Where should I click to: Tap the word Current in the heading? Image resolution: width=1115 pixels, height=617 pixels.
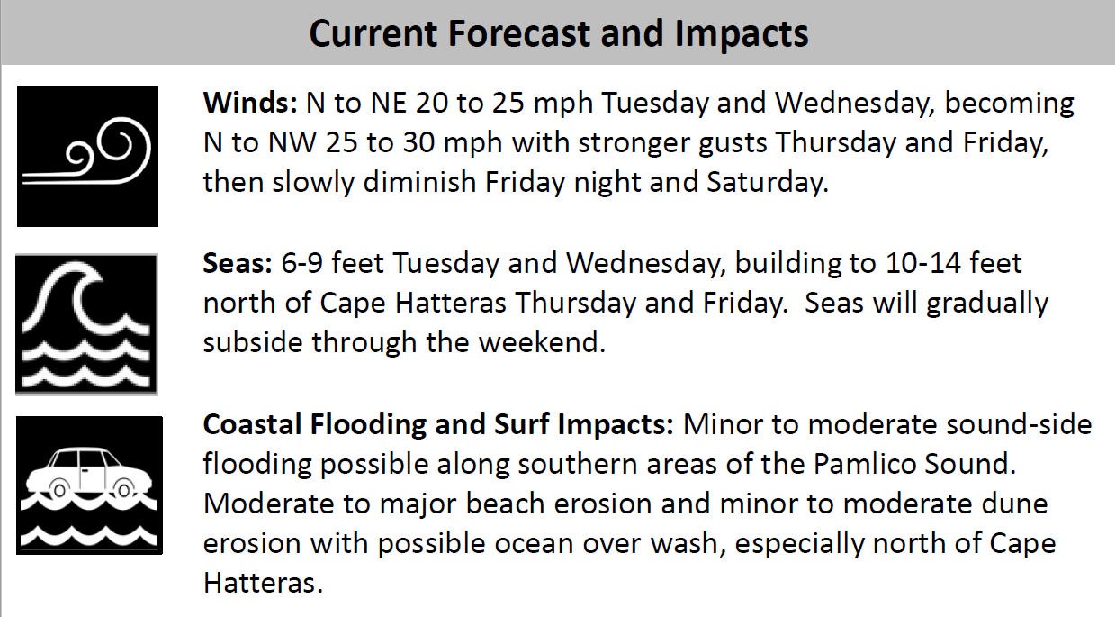click(373, 33)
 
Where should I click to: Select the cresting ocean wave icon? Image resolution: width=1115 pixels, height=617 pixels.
click(86, 324)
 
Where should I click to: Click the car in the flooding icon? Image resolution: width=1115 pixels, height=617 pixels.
click(89, 474)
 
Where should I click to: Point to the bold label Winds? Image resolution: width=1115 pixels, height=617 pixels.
click(250, 103)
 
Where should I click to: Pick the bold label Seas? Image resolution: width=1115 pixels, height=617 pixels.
click(238, 263)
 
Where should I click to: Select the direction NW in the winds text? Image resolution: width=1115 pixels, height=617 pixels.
click(292, 142)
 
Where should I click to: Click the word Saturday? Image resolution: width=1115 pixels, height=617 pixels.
click(767, 183)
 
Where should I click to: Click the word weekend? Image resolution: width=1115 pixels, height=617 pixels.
click(542, 342)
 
